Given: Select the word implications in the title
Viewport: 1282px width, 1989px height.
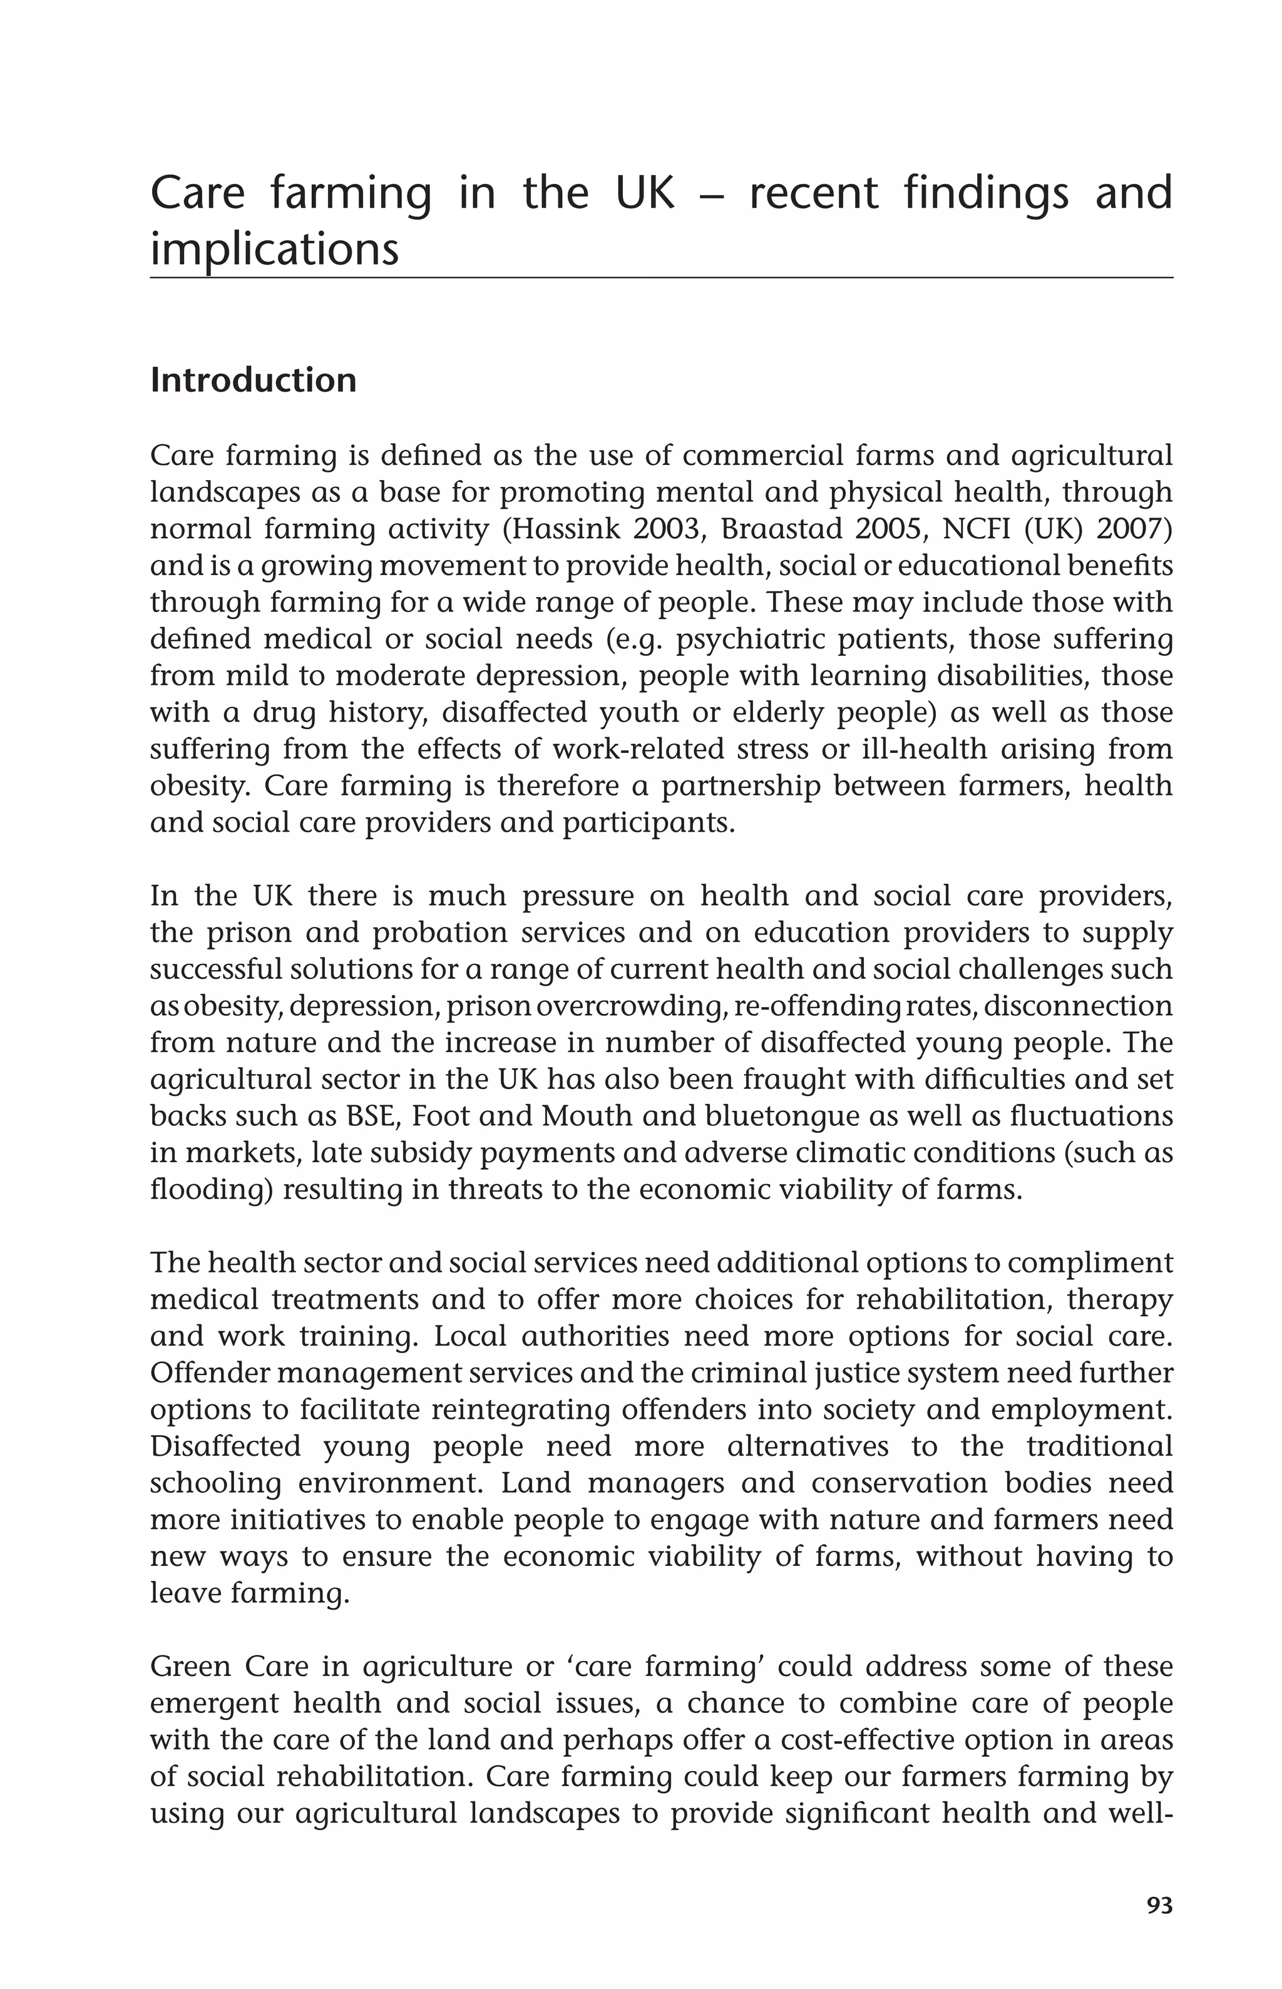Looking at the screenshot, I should [274, 249].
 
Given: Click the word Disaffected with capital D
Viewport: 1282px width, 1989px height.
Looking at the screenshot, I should [225, 1446].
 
